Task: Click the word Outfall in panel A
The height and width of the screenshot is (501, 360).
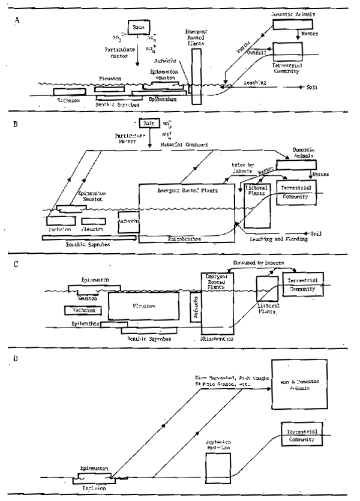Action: click(x=251, y=52)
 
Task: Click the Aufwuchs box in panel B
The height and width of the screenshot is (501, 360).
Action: click(x=128, y=221)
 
